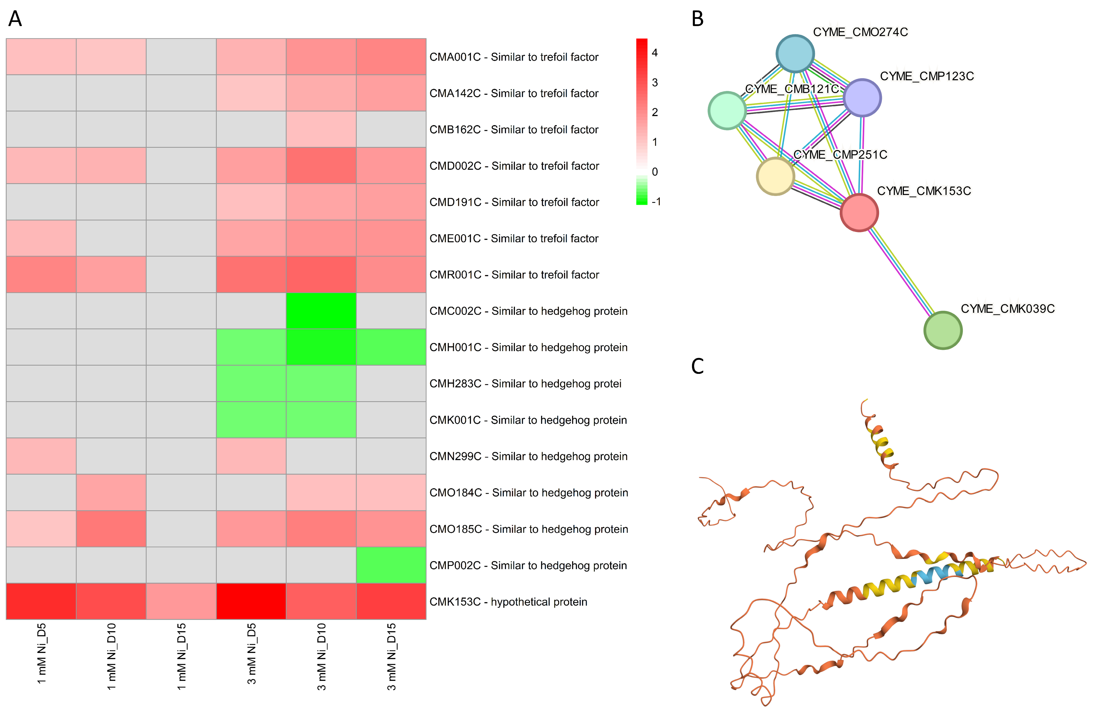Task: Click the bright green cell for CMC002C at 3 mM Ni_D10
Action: click(321, 311)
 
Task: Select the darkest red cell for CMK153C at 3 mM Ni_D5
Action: click(251, 601)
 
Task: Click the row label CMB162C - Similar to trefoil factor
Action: click(513, 130)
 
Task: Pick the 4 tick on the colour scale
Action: click(654, 53)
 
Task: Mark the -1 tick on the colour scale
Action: click(656, 201)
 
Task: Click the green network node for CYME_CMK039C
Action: click(943, 330)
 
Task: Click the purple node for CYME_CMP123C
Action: click(862, 97)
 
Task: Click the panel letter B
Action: click(697, 19)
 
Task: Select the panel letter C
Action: click(697, 366)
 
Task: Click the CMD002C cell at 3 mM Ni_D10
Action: click(321, 165)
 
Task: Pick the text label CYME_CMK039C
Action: click(1008, 308)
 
